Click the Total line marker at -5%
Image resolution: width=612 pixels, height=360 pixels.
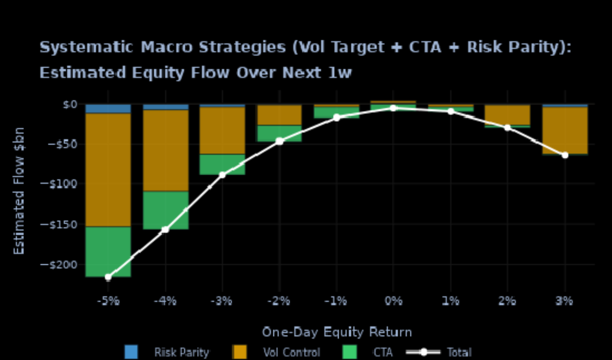click(x=108, y=277)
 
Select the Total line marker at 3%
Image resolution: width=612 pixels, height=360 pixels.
click(x=565, y=155)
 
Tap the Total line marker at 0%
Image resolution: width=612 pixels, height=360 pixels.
click(x=393, y=108)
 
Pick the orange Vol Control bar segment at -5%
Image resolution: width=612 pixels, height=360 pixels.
click(x=108, y=170)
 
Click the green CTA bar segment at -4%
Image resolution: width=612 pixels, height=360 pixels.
click(x=165, y=210)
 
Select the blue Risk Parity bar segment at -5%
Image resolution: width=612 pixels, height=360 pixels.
click(x=108, y=108)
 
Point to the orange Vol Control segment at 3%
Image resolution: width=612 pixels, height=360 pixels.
click(x=565, y=130)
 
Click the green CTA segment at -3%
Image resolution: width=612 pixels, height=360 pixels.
click(x=222, y=164)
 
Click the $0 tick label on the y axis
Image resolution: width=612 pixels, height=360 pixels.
click(x=68, y=104)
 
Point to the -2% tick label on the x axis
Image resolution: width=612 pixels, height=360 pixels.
click(x=279, y=301)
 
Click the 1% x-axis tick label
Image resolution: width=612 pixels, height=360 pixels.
click(x=450, y=301)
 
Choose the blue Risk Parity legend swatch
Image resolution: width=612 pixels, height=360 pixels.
click(x=131, y=352)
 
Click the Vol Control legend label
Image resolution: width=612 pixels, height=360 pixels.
click(x=291, y=352)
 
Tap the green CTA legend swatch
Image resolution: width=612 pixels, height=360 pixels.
click(x=349, y=352)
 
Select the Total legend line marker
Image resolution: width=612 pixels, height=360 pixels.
click(x=423, y=352)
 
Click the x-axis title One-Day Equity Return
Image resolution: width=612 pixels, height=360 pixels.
click(x=337, y=333)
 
